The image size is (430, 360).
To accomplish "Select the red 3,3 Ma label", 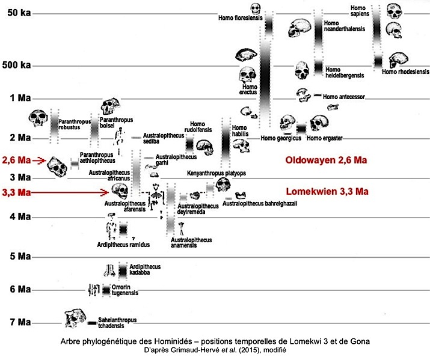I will (16, 192).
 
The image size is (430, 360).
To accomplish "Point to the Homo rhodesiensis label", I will (405, 72).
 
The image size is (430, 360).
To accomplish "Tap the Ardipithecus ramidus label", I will (123, 245).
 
